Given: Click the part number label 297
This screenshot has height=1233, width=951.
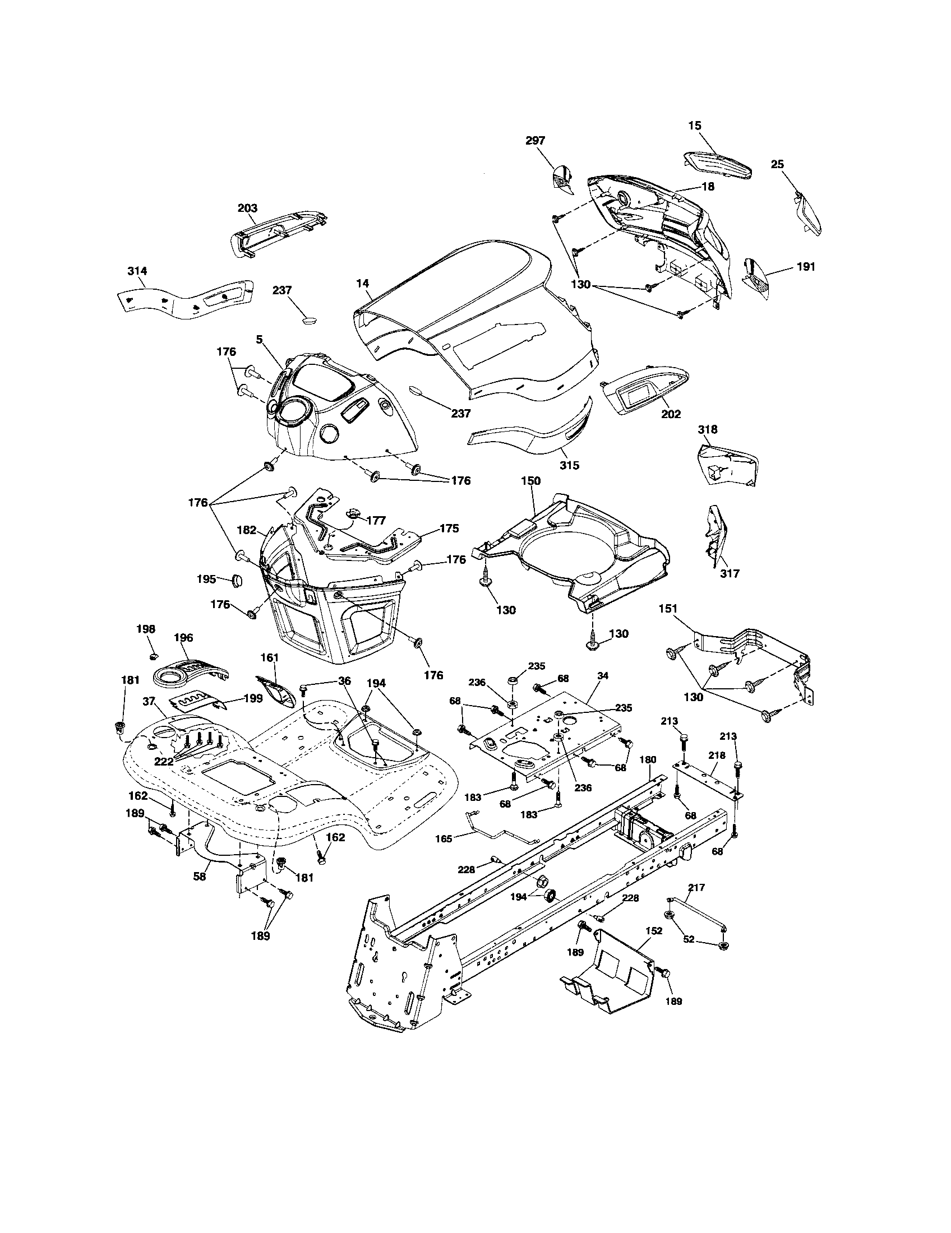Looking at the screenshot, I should coord(535,141).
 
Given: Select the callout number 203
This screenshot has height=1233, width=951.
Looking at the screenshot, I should coord(247,208).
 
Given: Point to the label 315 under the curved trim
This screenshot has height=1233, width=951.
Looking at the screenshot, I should coord(570,466).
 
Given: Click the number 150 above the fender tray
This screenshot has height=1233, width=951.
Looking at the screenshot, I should coord(530,481).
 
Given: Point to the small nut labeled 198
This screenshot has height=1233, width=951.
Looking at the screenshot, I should coord(154,657).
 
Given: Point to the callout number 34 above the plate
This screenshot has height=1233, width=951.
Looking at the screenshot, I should coord(603,676).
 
